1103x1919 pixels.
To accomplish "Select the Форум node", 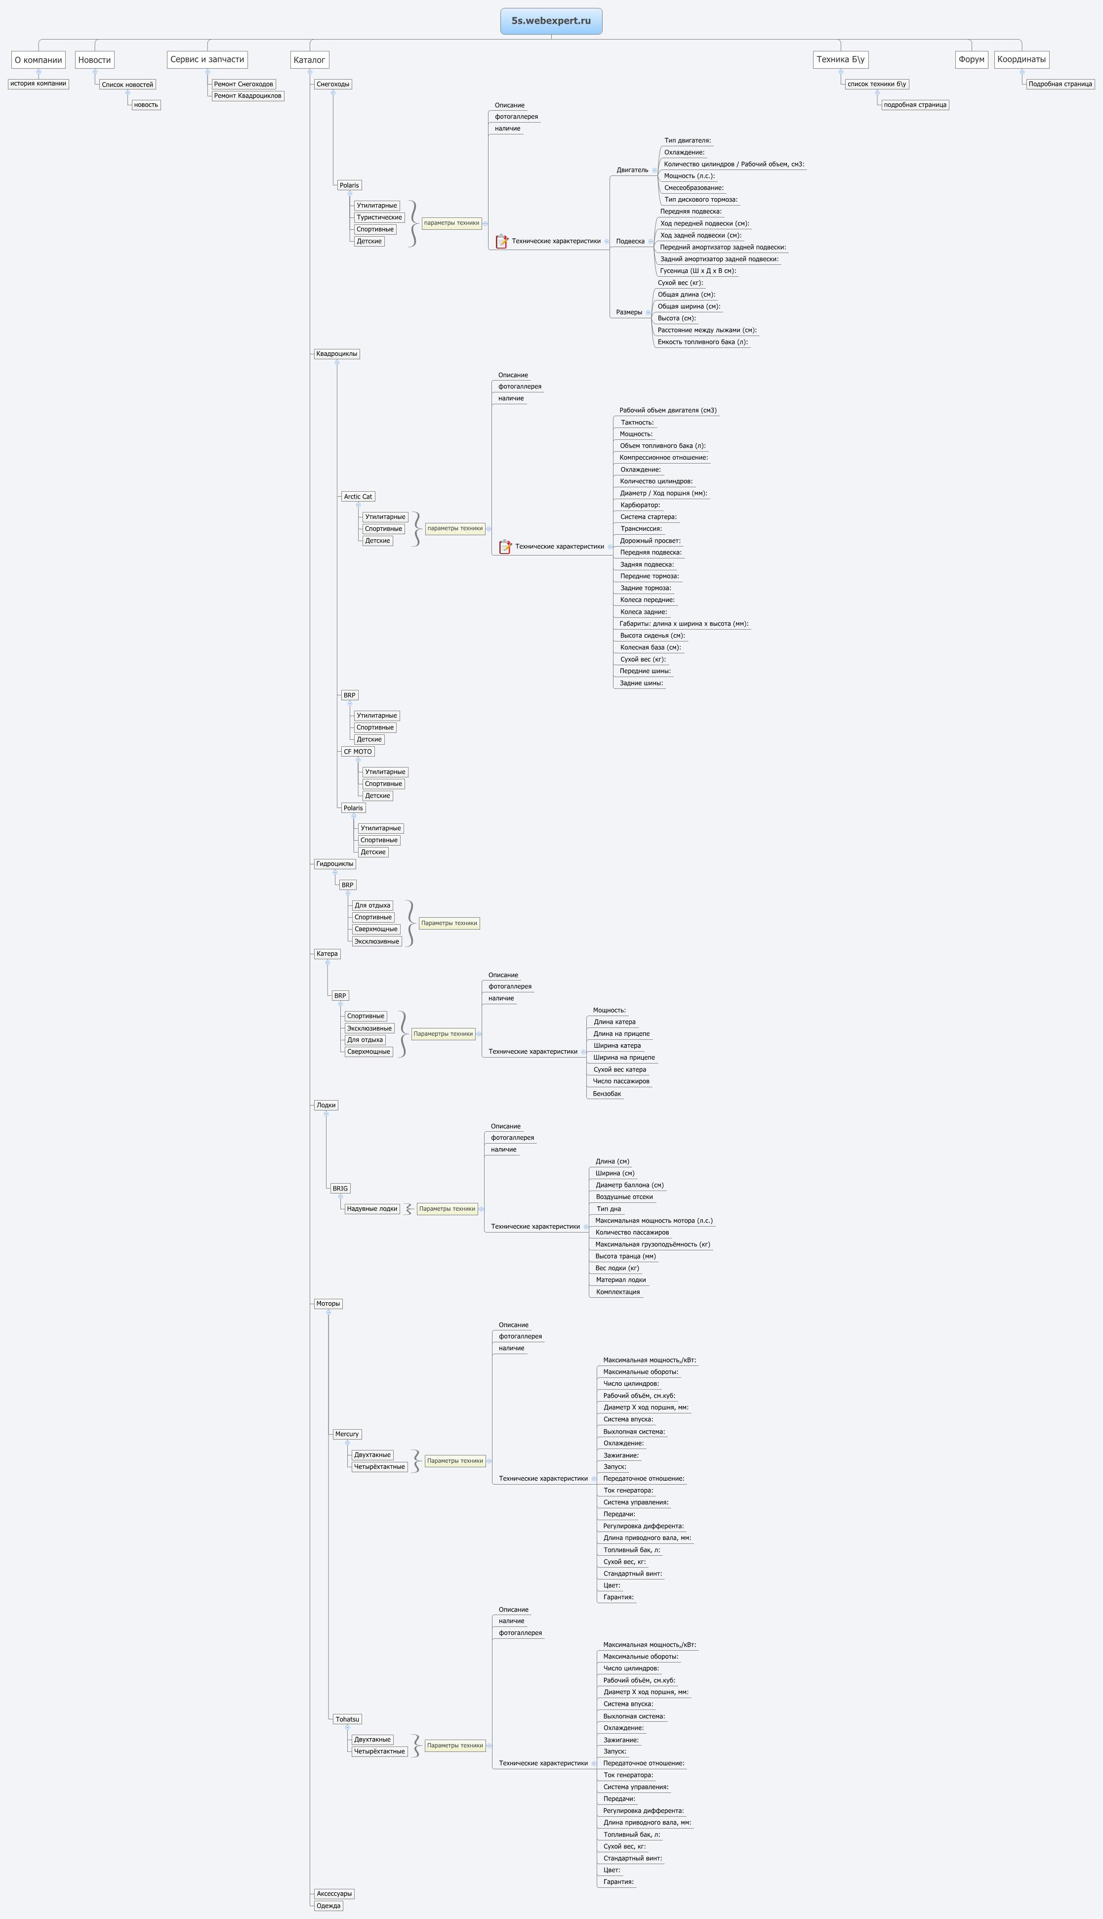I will (x=971, y=59).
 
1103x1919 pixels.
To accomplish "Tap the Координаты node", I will (x=1021, y=59).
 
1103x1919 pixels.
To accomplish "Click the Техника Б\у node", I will (x=840, y=59).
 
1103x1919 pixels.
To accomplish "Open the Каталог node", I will (x=309, y=59).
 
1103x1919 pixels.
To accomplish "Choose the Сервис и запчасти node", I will (x=207, y=59).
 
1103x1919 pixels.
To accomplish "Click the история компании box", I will (x=39, y=84).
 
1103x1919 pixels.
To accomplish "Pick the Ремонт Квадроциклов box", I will (x=248, y=95).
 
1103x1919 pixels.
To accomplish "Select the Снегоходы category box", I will (x=332, y=84).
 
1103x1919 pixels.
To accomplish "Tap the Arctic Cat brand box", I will (x=358, y=496).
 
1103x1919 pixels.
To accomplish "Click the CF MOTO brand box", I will (x=358, y=752).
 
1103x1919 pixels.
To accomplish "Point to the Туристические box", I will (x=379, y=217).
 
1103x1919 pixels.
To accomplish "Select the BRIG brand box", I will (x=340, y=1189).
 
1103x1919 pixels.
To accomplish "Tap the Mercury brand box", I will (x=347, y=1434).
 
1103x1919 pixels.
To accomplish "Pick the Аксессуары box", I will (x=334, y=1894).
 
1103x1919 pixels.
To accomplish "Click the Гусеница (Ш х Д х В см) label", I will (x=697, y=270).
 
